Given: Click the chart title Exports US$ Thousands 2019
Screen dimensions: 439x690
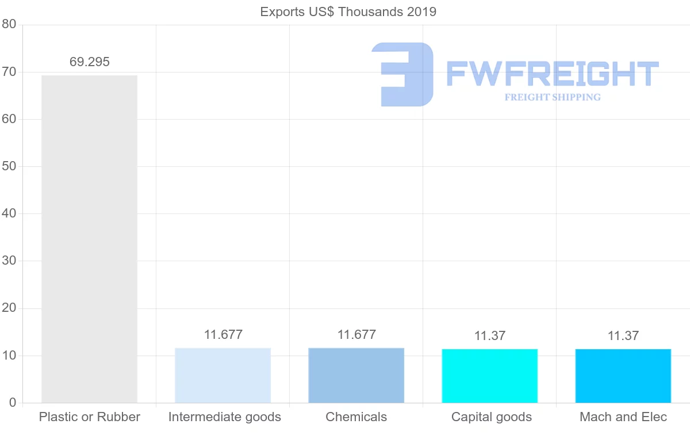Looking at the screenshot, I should coord(348,12).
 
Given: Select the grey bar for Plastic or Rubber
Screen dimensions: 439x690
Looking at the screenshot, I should coord(89,239).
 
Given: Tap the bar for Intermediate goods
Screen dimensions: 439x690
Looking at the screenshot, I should coord(223,375).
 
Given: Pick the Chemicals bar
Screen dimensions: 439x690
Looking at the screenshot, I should coord(356,375).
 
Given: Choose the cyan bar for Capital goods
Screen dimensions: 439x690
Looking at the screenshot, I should coord(489,376).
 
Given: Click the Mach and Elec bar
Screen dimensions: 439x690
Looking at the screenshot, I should coord(623,376).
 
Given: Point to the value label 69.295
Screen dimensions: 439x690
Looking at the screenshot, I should coord(89,62).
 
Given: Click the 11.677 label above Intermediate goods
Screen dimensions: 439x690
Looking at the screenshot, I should coord(223,335).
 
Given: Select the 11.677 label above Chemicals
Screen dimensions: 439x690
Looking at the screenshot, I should coord(356,335).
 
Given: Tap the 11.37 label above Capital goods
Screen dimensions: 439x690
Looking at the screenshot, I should coord(490,336).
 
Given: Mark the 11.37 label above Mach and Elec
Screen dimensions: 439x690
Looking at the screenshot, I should coord(623,336).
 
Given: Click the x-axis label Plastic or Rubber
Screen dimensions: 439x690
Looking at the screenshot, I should coord(89,417).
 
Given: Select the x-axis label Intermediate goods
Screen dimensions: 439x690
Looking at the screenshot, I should coord(224,417).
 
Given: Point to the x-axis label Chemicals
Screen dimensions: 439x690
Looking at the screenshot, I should coord(356,417).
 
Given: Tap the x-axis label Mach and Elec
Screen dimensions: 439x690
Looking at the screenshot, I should coord(623,417).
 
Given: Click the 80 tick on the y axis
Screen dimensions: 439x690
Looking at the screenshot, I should coord(9,24).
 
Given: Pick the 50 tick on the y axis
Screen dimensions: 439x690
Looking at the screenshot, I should coord(9,166).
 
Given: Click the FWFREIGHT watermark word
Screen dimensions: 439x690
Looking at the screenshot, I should coord(552,74).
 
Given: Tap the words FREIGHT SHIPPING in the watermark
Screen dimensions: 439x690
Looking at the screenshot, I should coord(553,97).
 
